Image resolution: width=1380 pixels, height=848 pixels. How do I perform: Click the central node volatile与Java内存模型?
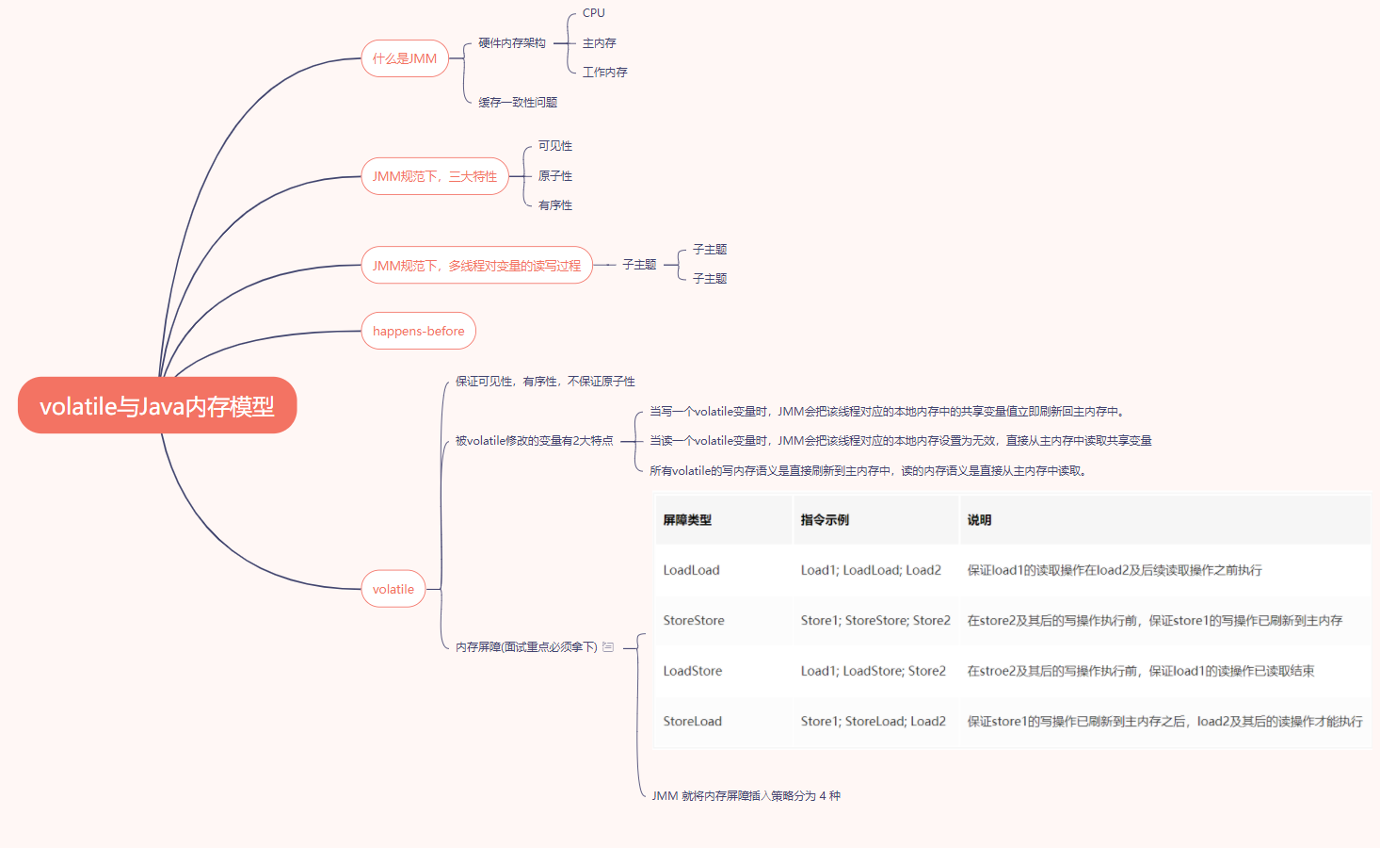tap(157, 406)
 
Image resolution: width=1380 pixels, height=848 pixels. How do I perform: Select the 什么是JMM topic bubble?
tap(405, 58)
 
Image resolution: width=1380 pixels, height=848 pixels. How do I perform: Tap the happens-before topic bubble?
tap(418, 331)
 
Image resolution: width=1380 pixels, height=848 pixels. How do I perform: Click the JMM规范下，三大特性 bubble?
tap(434, 176)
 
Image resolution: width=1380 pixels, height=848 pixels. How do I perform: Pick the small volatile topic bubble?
tap(393, 589)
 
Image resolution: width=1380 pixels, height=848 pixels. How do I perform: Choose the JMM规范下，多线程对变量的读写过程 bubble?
tap(476, 266)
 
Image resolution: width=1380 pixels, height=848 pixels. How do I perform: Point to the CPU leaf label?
tap(594, 13)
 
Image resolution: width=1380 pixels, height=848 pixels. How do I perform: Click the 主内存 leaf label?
tap(600, 43)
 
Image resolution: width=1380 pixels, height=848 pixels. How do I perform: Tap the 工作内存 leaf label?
tap(605, 73)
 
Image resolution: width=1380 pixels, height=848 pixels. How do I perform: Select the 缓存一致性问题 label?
tap(518, 103)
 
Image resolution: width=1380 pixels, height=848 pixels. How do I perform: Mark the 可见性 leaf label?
tap(555, 146)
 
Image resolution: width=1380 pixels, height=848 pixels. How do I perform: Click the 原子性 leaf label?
tap(555, 176)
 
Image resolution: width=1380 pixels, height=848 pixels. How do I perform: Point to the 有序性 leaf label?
tap(555, 205)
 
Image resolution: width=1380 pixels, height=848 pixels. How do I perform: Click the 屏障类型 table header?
tap(687, 520)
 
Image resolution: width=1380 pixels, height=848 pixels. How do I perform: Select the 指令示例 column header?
tap(825, 520)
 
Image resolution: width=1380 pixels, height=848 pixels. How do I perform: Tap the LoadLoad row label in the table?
tap(691, 570)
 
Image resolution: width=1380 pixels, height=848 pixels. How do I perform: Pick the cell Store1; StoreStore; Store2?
tap(875, 620)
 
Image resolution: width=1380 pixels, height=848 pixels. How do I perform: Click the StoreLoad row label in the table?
tap(692, 721)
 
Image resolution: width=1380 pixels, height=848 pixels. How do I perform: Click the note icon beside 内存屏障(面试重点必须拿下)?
tap(608, 647)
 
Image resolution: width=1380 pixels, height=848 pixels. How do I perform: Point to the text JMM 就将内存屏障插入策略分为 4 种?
tap(746, 796)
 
